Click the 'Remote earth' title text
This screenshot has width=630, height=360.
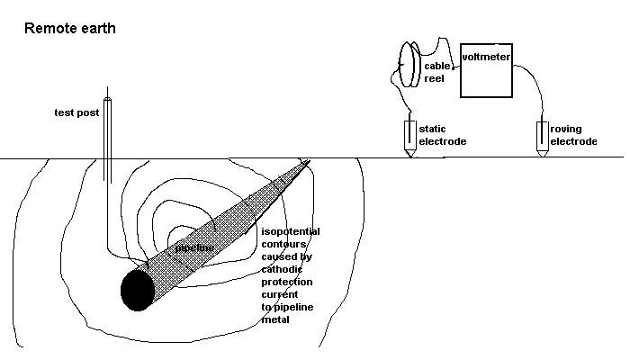click(x=68, y=29)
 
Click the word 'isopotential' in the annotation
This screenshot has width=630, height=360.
click(x=290, y=231)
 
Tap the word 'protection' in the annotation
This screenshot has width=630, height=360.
click(x=285, y=282)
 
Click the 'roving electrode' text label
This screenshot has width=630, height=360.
click(x=572, y=136)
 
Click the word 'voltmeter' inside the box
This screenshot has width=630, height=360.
click(x=486, y=58)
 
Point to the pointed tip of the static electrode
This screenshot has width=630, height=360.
click(x=409, y=156)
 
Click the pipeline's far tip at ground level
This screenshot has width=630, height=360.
click(x=309, y=162)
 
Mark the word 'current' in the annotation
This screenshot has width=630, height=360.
click(x=279, y=294)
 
